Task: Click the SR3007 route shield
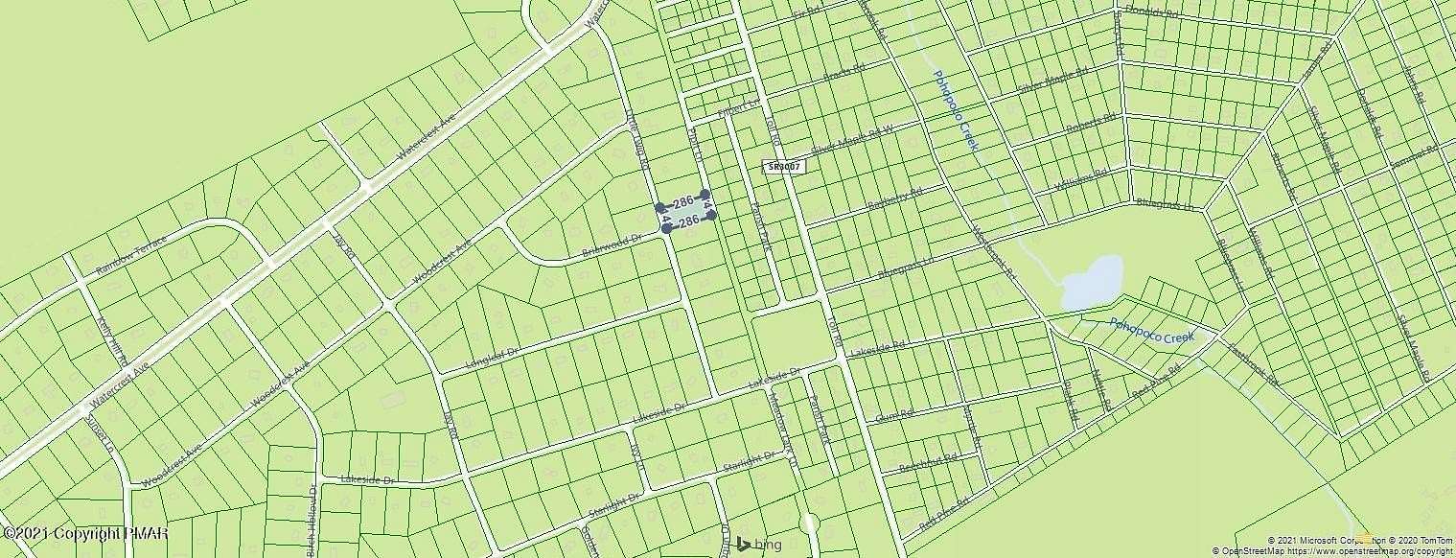point(783,166)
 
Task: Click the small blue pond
point(1092,282)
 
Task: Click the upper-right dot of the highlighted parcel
point(705,195)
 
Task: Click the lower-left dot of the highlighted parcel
point(666,228)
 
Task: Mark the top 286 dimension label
point(682,202)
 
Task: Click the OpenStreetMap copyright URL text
point(1379,551)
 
